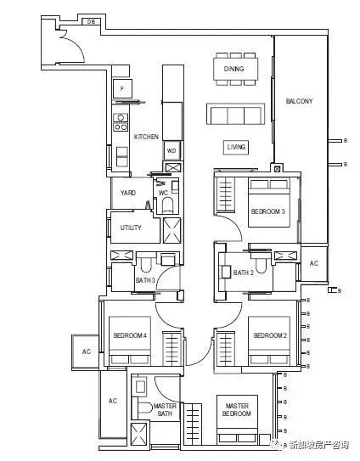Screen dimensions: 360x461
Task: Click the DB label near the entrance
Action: click(x=91, y=21)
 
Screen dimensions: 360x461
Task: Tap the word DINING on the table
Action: click(x=233, y=69)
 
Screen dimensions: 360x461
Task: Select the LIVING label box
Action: click(x=236, y=147)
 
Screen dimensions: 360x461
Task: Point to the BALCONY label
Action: click(x=299, y=101)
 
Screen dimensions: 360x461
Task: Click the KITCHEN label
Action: click(x=146, y=137)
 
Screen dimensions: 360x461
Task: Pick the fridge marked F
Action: click(x=122, y=88)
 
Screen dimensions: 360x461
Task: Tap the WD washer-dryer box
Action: click(x=172, y=151)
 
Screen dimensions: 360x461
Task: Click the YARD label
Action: click(x=128, y=193)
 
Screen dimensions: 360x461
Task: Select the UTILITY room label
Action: click(x=131, y=228)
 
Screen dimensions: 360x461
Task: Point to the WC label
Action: click(x=163, y=193)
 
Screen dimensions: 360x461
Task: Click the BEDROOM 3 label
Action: click(x=268, y=211)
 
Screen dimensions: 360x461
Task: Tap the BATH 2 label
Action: click(x=243, y=273)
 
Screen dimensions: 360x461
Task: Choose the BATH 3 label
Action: click(x=145, y=280)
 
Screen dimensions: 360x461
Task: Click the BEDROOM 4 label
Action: click(x=130, y=335)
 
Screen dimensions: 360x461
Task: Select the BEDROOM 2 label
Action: click(x=270, y=335)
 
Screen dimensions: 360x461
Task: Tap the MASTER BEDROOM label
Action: click(x=237, y=409)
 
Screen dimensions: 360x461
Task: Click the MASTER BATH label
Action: click(x=165, y=409)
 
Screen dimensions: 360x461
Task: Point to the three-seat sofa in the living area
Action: click(x=235, y=114)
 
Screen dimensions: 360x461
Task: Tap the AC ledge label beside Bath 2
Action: click(x=314, y=263)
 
